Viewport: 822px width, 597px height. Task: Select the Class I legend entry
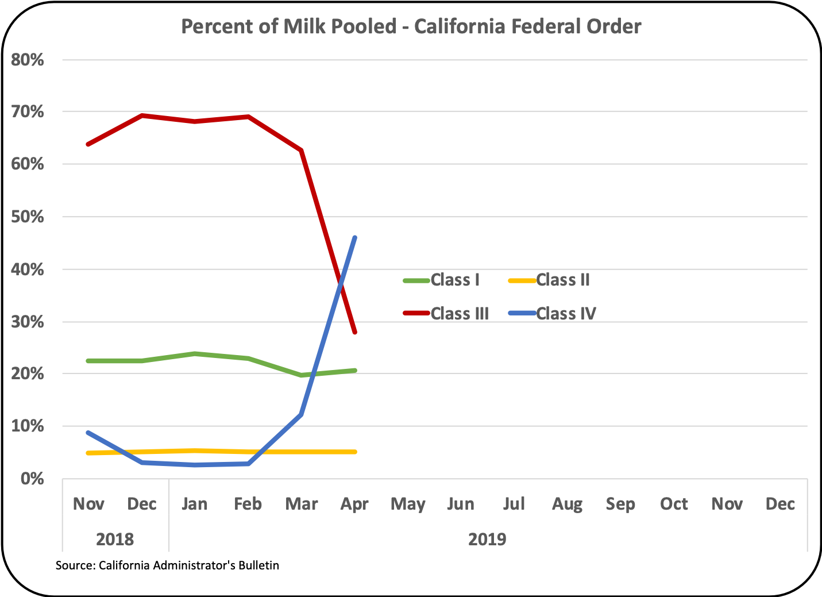point(454,280)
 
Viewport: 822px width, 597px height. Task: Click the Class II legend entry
point(562,280)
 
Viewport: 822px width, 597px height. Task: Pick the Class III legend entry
point(459,314)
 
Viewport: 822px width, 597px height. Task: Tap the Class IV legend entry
point(565,314)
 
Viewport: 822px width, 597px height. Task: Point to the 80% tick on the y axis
point(28,60)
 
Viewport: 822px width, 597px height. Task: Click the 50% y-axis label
point(28,217)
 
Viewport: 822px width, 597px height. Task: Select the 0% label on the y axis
point(32,478)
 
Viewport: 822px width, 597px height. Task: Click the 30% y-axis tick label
point(28,322)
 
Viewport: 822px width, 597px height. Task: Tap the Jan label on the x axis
point(194,504)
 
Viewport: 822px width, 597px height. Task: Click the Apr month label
point(354,504)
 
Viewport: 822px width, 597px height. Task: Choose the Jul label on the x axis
point(514,504)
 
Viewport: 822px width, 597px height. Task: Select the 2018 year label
point(115,540)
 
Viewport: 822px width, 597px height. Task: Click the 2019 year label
point(487,540)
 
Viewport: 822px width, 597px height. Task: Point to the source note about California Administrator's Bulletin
point(167,565)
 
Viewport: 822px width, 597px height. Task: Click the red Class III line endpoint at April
point(356,332)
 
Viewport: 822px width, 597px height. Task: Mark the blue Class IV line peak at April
point(356,237)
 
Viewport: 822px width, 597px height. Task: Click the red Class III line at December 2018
point(142,115)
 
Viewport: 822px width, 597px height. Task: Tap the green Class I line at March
point(302,375)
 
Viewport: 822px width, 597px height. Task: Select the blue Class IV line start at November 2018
point(88,432)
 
